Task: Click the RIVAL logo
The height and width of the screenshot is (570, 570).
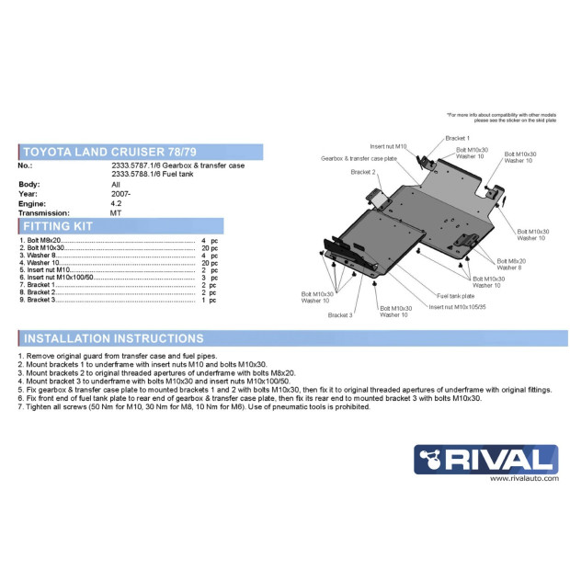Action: (x=485, y=461)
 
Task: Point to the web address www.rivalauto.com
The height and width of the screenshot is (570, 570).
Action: (x=522, y=479)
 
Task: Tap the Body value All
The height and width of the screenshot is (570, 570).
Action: (x=115, y=185)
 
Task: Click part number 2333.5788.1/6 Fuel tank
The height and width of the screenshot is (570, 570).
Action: (x=152, y=174)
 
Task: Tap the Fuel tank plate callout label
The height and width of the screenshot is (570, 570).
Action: (x=456, y=296)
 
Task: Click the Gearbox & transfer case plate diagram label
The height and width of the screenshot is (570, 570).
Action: (x=359, y=158)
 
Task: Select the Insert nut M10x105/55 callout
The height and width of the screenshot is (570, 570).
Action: (x=457, y=307)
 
